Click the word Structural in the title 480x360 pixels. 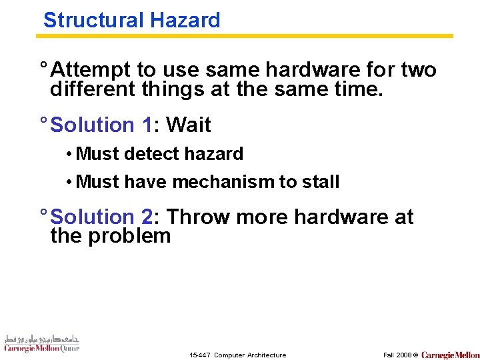tap(94, 20)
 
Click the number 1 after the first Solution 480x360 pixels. tap(147, 125)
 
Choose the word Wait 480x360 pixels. tap(189, 125)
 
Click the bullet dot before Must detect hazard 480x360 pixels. tap(69, 154)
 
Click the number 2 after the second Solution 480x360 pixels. tap(147, 217)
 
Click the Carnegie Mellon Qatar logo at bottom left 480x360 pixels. tap(41, 343)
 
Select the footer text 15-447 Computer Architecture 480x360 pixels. tap(237, 355)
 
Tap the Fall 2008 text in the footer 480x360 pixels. tap(397, 355)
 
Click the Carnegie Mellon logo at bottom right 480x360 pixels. tap(450, 355)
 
